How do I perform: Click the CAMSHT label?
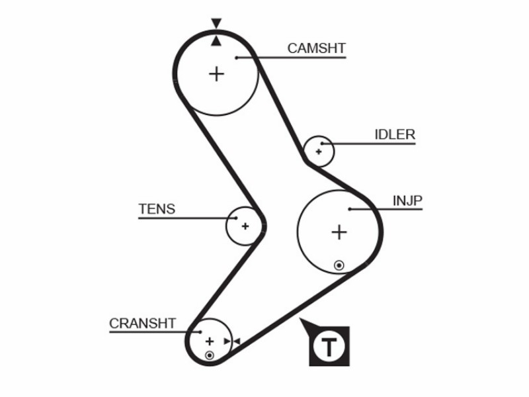(317, 48)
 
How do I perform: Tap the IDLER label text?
(395, 135)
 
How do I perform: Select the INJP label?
(407, 201)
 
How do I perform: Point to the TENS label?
(157, 209)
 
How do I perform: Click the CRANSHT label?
(142, 324)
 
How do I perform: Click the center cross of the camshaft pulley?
(217, 74)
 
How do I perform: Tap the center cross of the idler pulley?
(319, 152)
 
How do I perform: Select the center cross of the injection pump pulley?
(339, 232)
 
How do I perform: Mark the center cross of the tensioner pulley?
(245, 226)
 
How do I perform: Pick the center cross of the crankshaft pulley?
(210, 341)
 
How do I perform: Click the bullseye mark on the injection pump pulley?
(339, 265)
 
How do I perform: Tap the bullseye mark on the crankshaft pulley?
(210, 355)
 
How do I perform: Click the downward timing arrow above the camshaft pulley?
(216, 23)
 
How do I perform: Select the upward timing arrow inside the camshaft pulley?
(216, 41)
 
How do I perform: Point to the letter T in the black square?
(329, 346)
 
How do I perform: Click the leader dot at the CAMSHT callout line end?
(237, 58)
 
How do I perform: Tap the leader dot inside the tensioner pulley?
(236, 218)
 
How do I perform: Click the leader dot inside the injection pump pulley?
(350, 209)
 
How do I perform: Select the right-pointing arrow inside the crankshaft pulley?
(227, 341)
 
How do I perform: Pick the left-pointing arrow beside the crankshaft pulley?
(237, 341)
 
